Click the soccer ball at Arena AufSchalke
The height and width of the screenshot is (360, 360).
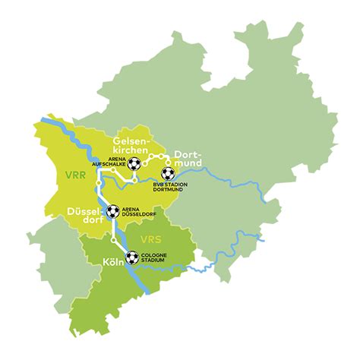click(134, 163)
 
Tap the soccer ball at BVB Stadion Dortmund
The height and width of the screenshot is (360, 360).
click(167, 173)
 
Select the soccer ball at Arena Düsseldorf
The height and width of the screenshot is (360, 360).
click(112, 210)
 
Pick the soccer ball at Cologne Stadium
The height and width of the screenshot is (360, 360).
click(132, 258)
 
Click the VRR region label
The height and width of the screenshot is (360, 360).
click(75, 175)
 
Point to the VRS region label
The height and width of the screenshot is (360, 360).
click(152, 242)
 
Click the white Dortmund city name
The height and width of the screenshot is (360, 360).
click(181, 156)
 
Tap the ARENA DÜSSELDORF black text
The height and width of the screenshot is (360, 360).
click(139, 211)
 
